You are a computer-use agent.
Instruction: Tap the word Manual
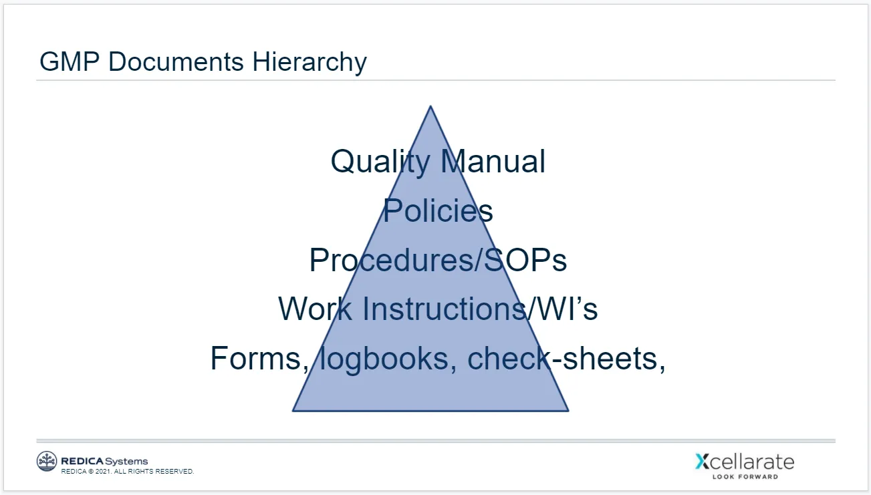coord(493,162)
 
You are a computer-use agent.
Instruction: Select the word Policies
coord(438,211)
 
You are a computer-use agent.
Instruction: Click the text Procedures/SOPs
coord(438,260)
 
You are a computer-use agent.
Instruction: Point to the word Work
coord(315,309)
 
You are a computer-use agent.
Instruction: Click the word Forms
coord(258,358)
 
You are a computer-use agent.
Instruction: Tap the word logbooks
coord(384,358)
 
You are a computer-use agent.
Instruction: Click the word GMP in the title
coord(70,62)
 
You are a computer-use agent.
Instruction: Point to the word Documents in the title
coord(175,62)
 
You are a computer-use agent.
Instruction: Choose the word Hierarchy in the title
coord(309,62)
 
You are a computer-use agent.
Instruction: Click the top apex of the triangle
coord(430,107)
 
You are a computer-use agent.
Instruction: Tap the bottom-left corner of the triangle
coord(294,410)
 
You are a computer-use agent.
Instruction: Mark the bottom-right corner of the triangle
coord(567,410)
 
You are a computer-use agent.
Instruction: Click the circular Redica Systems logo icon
coord(47,461)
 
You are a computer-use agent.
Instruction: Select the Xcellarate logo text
coord(745,462)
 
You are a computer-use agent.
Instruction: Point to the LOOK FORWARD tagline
coord(745,476)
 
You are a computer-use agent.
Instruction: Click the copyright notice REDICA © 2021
coord(127,472)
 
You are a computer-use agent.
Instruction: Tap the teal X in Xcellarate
coord(702,462)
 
